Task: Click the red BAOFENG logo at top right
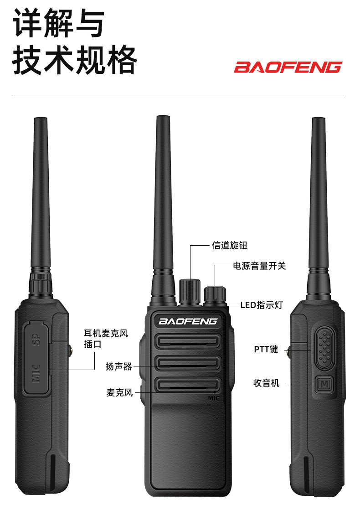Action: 288,67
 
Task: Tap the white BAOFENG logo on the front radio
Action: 188,321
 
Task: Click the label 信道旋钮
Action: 230,245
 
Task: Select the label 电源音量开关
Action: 259,266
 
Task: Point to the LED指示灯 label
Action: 262,305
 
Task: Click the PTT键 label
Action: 266,349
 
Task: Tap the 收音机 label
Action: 267,383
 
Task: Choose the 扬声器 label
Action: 118,366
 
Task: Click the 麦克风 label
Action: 119,392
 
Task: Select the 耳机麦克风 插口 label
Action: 106,339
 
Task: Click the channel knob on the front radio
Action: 190,292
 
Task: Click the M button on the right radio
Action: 324,384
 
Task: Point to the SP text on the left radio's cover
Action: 36,339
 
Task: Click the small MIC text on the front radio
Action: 214,398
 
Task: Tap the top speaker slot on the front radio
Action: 188,341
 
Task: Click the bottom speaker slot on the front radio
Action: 188,385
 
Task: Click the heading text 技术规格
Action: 75,60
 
